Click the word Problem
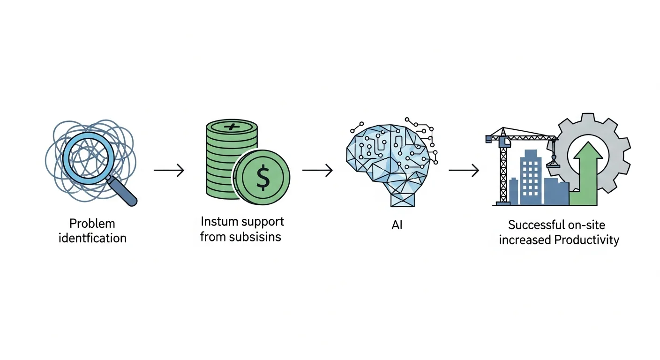[92, 223]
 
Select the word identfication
[92, 238]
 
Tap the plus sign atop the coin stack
[232, 127]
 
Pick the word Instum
[220, 221]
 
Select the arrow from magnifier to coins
[169, 171]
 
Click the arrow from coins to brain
[317, 171]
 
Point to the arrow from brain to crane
[464, 171]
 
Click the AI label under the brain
[397, 225]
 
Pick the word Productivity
[586, 240]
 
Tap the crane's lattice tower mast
[504, 173]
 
